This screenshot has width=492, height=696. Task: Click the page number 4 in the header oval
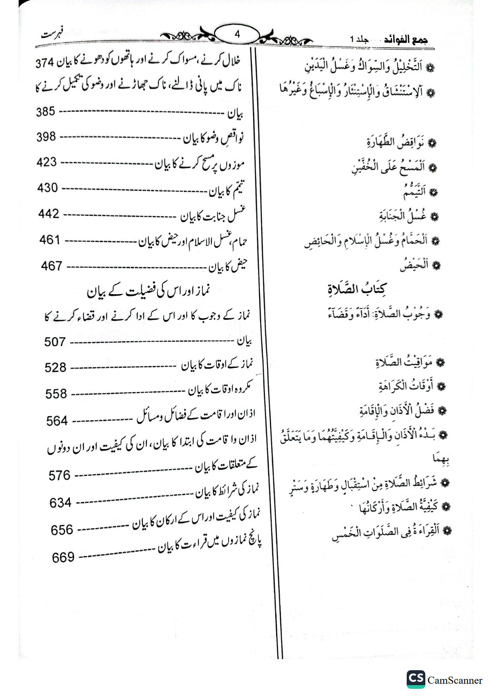[x=237, y=35]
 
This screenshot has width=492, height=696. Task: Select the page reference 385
[x=45, y=112]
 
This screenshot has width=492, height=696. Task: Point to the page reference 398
[x=46, y=137]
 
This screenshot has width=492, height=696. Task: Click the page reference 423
[x=47, y=162]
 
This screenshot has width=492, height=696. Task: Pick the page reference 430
[x=48, y=188]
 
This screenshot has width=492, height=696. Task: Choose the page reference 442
[x=49, y=214]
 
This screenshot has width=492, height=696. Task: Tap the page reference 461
[x=50, y=240]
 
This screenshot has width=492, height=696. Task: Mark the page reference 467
[x=52, y=266]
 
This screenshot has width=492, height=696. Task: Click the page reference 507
[x=55, y=342]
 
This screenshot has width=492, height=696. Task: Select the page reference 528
[x=56, y=368]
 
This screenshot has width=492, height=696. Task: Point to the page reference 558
[x=56, y=394]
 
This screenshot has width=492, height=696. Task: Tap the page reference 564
[x=57, y=421]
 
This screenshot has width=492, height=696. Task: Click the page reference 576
[x=60, y=475]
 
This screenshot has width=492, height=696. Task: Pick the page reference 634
[x=60, y=503]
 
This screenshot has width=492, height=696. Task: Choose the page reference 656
[x=62, y=530]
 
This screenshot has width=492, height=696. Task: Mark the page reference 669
[x=63, y=558]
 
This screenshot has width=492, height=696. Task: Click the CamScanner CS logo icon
[x=415, y=680]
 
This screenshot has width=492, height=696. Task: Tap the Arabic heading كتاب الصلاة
[x=357, y=289]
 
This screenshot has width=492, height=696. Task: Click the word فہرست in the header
[x=54, y=33]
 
